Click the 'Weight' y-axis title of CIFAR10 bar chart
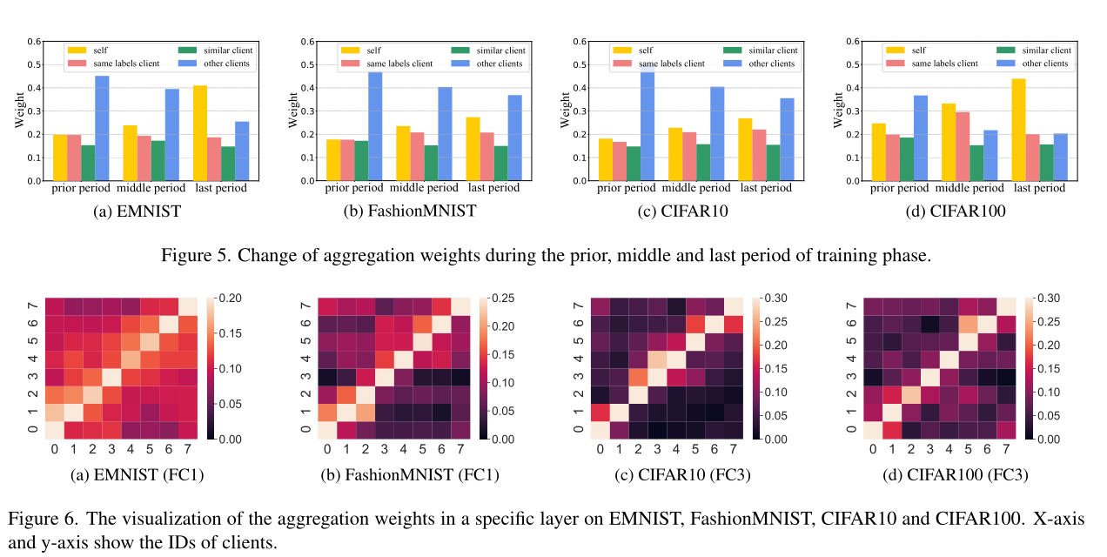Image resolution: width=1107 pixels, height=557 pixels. [565, 111]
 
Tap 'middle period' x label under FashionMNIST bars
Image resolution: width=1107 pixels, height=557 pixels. [424, 188]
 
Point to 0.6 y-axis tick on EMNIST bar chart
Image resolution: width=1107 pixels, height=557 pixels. [33, 42]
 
